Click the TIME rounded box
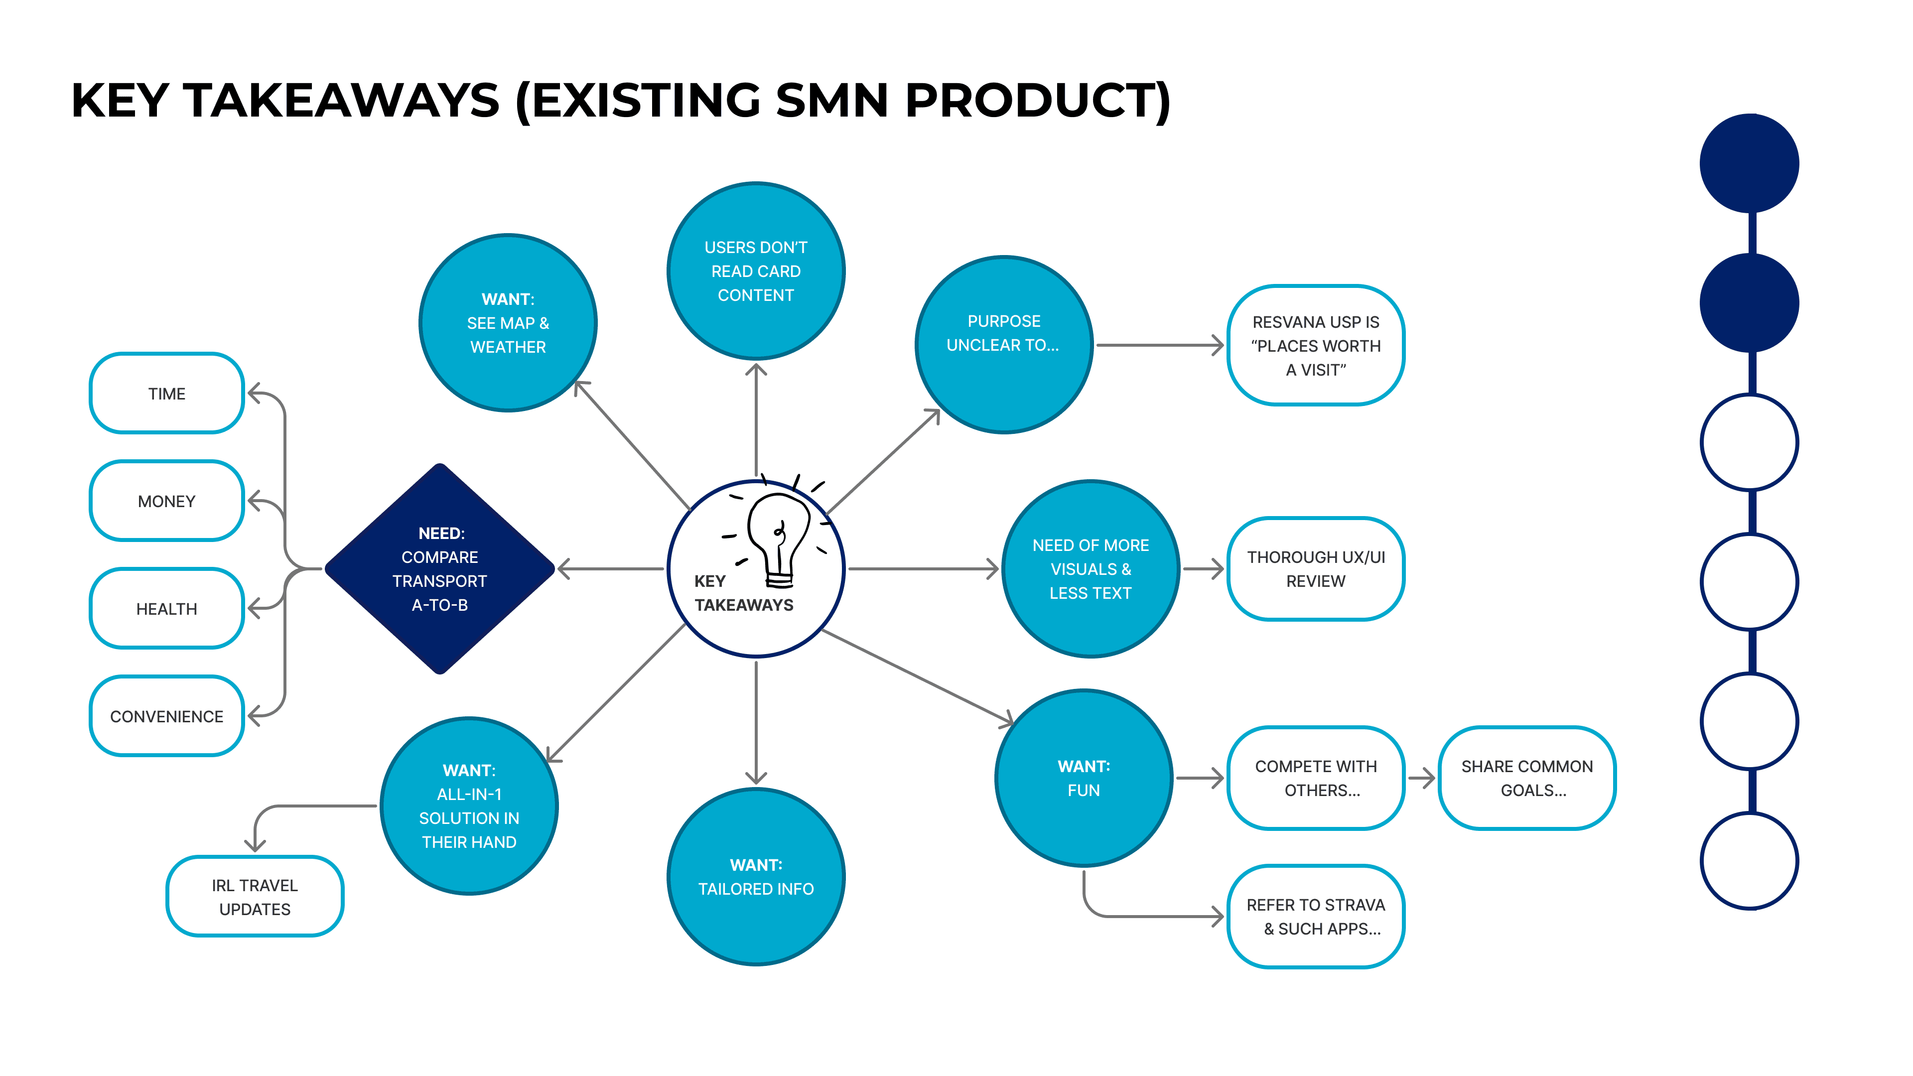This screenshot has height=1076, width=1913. (x=166, y=394)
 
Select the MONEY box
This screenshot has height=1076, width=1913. (x=166, y=501)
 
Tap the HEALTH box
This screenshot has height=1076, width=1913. (x=166, y=609)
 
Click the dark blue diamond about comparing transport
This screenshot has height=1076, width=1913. (x=439, y=569)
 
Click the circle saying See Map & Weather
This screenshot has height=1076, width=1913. (x=508, y=323)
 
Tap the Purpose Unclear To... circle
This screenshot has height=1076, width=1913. (x=1003, y=345)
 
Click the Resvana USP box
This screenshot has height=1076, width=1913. (x=1315, y=345)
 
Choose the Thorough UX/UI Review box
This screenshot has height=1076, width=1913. (x=1315, y=569)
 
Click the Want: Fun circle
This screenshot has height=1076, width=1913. (x=1084, y=778)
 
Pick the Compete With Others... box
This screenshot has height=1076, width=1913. (x=1315, y=778)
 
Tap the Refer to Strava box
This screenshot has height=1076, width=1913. (x=1315, y=917)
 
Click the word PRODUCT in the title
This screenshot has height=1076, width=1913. (x=1037, y=100)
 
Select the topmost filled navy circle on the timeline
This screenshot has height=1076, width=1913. (x=1749, y=163)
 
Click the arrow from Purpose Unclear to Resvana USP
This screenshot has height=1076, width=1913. (x=1158, y=345)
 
